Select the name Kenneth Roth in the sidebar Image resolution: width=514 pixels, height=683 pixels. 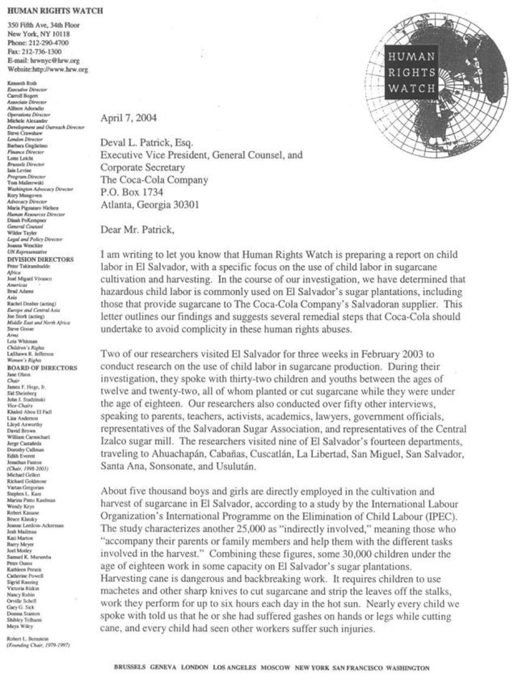(x=21, y=83)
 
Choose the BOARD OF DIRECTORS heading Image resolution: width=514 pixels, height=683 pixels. (x=42, y=368)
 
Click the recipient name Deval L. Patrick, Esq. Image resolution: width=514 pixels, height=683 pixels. (x=147, y=143)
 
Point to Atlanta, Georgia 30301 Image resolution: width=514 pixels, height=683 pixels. (x=150, y=205)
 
